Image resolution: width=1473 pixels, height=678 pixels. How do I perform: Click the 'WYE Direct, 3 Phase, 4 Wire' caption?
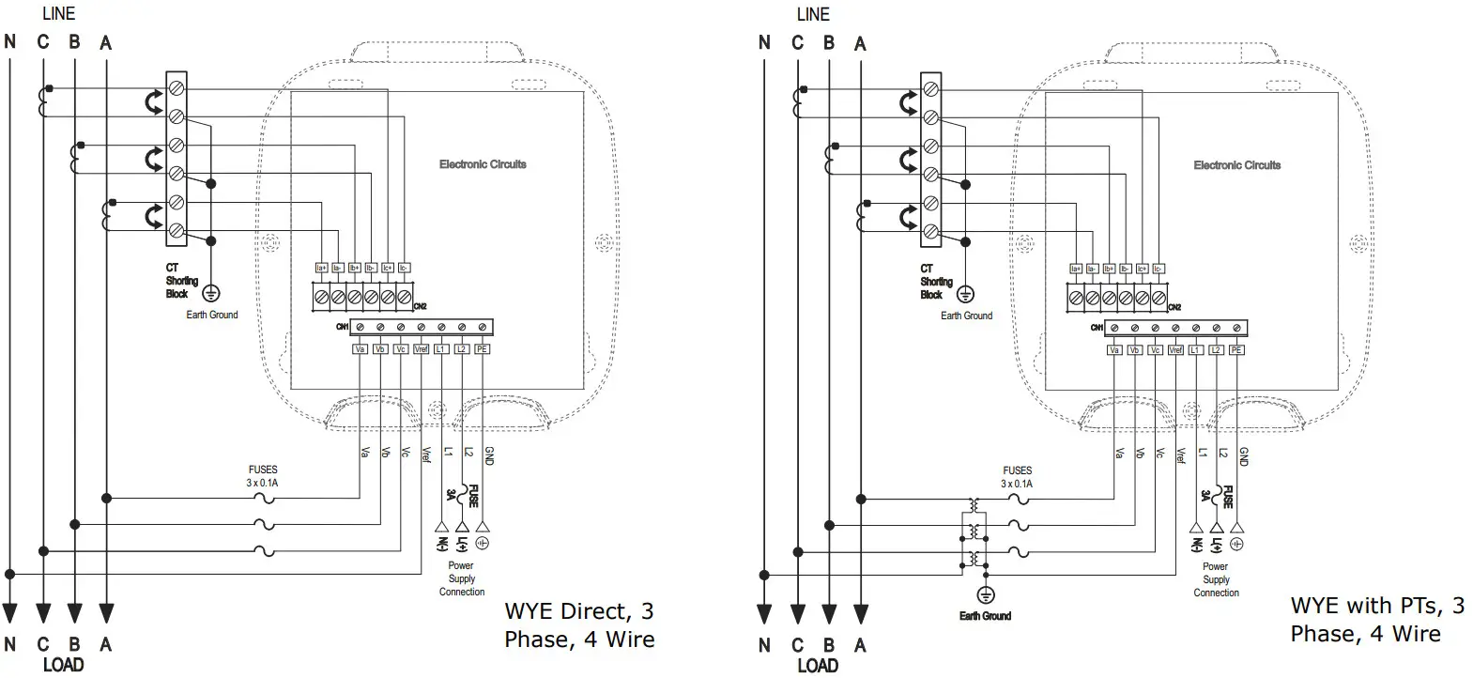pos(578,625)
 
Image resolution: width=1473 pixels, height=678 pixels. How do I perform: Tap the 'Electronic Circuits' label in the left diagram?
pos(483,164)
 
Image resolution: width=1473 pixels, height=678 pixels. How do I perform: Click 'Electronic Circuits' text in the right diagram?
pos(1236,165)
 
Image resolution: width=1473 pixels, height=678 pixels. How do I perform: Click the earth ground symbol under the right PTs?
pos(985,595)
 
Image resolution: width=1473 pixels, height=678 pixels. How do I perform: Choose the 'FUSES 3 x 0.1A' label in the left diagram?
pos(263,476)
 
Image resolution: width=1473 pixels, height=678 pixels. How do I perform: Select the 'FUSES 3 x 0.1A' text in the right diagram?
pos(1017,477)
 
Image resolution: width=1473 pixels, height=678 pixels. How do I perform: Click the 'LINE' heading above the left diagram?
pos(58,14)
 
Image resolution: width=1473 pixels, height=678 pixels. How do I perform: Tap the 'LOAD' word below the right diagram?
pos(817,666)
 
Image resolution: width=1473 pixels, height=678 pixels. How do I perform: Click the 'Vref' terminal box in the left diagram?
pos(421,349)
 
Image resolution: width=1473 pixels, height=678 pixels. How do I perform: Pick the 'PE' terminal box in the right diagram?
pos(1236,350)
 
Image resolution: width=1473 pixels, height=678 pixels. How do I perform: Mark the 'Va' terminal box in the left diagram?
pos(360,349)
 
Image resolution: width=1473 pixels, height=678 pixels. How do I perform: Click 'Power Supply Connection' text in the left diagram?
pos(461,578)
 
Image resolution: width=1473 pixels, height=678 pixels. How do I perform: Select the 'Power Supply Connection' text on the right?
pos(1216,579)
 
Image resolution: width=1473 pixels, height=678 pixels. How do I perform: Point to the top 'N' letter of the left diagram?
pos(10,42)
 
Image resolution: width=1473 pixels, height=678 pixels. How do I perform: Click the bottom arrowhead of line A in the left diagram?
pos(105,614)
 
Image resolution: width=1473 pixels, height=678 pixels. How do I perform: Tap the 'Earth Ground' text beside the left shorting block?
pos(212,315)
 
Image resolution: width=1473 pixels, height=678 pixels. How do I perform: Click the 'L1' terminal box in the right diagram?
pos(1195,350)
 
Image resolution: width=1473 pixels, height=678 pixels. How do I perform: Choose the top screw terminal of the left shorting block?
pos(176,88)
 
